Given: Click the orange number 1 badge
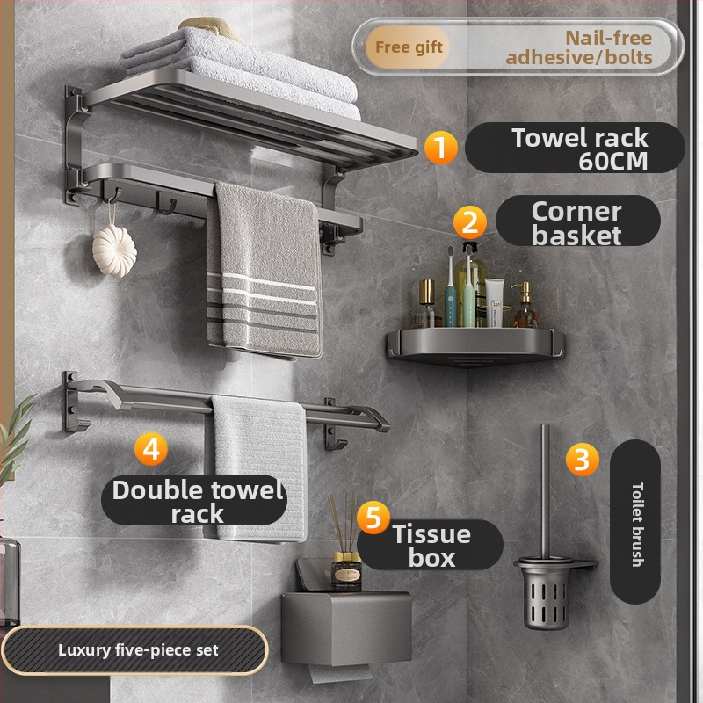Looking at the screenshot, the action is [441, 148].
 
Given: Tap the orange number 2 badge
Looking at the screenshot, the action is [469, 222].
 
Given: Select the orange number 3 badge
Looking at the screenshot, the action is [582, 459].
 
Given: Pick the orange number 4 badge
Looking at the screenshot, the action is [151, 448].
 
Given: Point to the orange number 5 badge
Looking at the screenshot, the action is [373, 518].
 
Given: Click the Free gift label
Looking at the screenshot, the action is [408, 47].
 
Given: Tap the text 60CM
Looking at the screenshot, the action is [612, 162].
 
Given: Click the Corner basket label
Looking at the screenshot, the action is [577, 223].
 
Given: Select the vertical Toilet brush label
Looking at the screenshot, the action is [635, 523].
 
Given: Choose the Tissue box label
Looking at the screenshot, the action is [431, 545].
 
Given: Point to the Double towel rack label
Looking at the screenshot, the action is [196, 502].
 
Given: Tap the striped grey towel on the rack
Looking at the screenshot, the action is [264, 271].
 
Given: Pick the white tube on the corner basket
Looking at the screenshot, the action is [494, 302].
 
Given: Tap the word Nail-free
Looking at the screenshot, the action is [608, 38].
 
